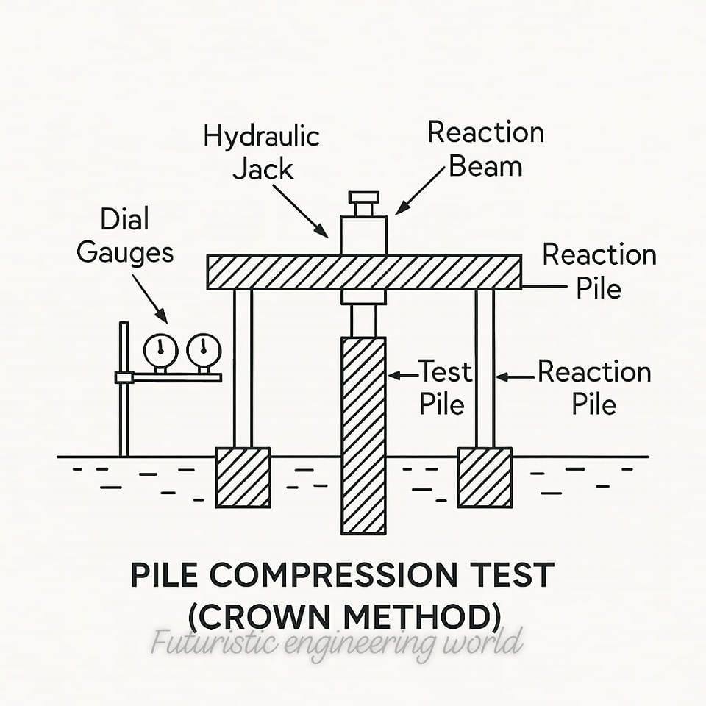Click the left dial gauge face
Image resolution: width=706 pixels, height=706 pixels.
[x=161, y=351]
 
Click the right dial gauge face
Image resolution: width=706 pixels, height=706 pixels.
[x=204, y=351]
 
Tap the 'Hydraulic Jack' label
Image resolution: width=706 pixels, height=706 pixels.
[x=262, y=152]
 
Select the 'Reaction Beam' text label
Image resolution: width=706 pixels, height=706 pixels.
[x=486, y=149]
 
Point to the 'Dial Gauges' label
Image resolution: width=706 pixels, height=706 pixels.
[x=125, y=235]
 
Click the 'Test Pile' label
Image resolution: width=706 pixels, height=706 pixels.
[x=445, y=388]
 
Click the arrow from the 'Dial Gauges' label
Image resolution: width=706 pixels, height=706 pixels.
[x=150, y=299]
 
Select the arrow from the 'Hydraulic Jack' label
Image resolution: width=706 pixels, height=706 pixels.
[x=300, y=211]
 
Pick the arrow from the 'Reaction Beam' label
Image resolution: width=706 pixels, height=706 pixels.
[x=420, y=191]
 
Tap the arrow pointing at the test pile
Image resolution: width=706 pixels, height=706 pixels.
[x=403, y=375]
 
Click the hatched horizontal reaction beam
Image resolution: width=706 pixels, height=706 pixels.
[x=364, y=272]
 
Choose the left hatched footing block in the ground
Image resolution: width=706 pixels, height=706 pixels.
[x=243, y=478]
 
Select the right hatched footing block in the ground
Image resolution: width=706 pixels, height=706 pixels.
[x=485, y=478]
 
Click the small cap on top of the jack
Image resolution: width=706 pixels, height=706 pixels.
[x=364, y=198]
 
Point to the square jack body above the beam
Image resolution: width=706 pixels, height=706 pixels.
[x=364, y=235]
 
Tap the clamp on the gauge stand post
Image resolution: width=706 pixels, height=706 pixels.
[x=124, y=377]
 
